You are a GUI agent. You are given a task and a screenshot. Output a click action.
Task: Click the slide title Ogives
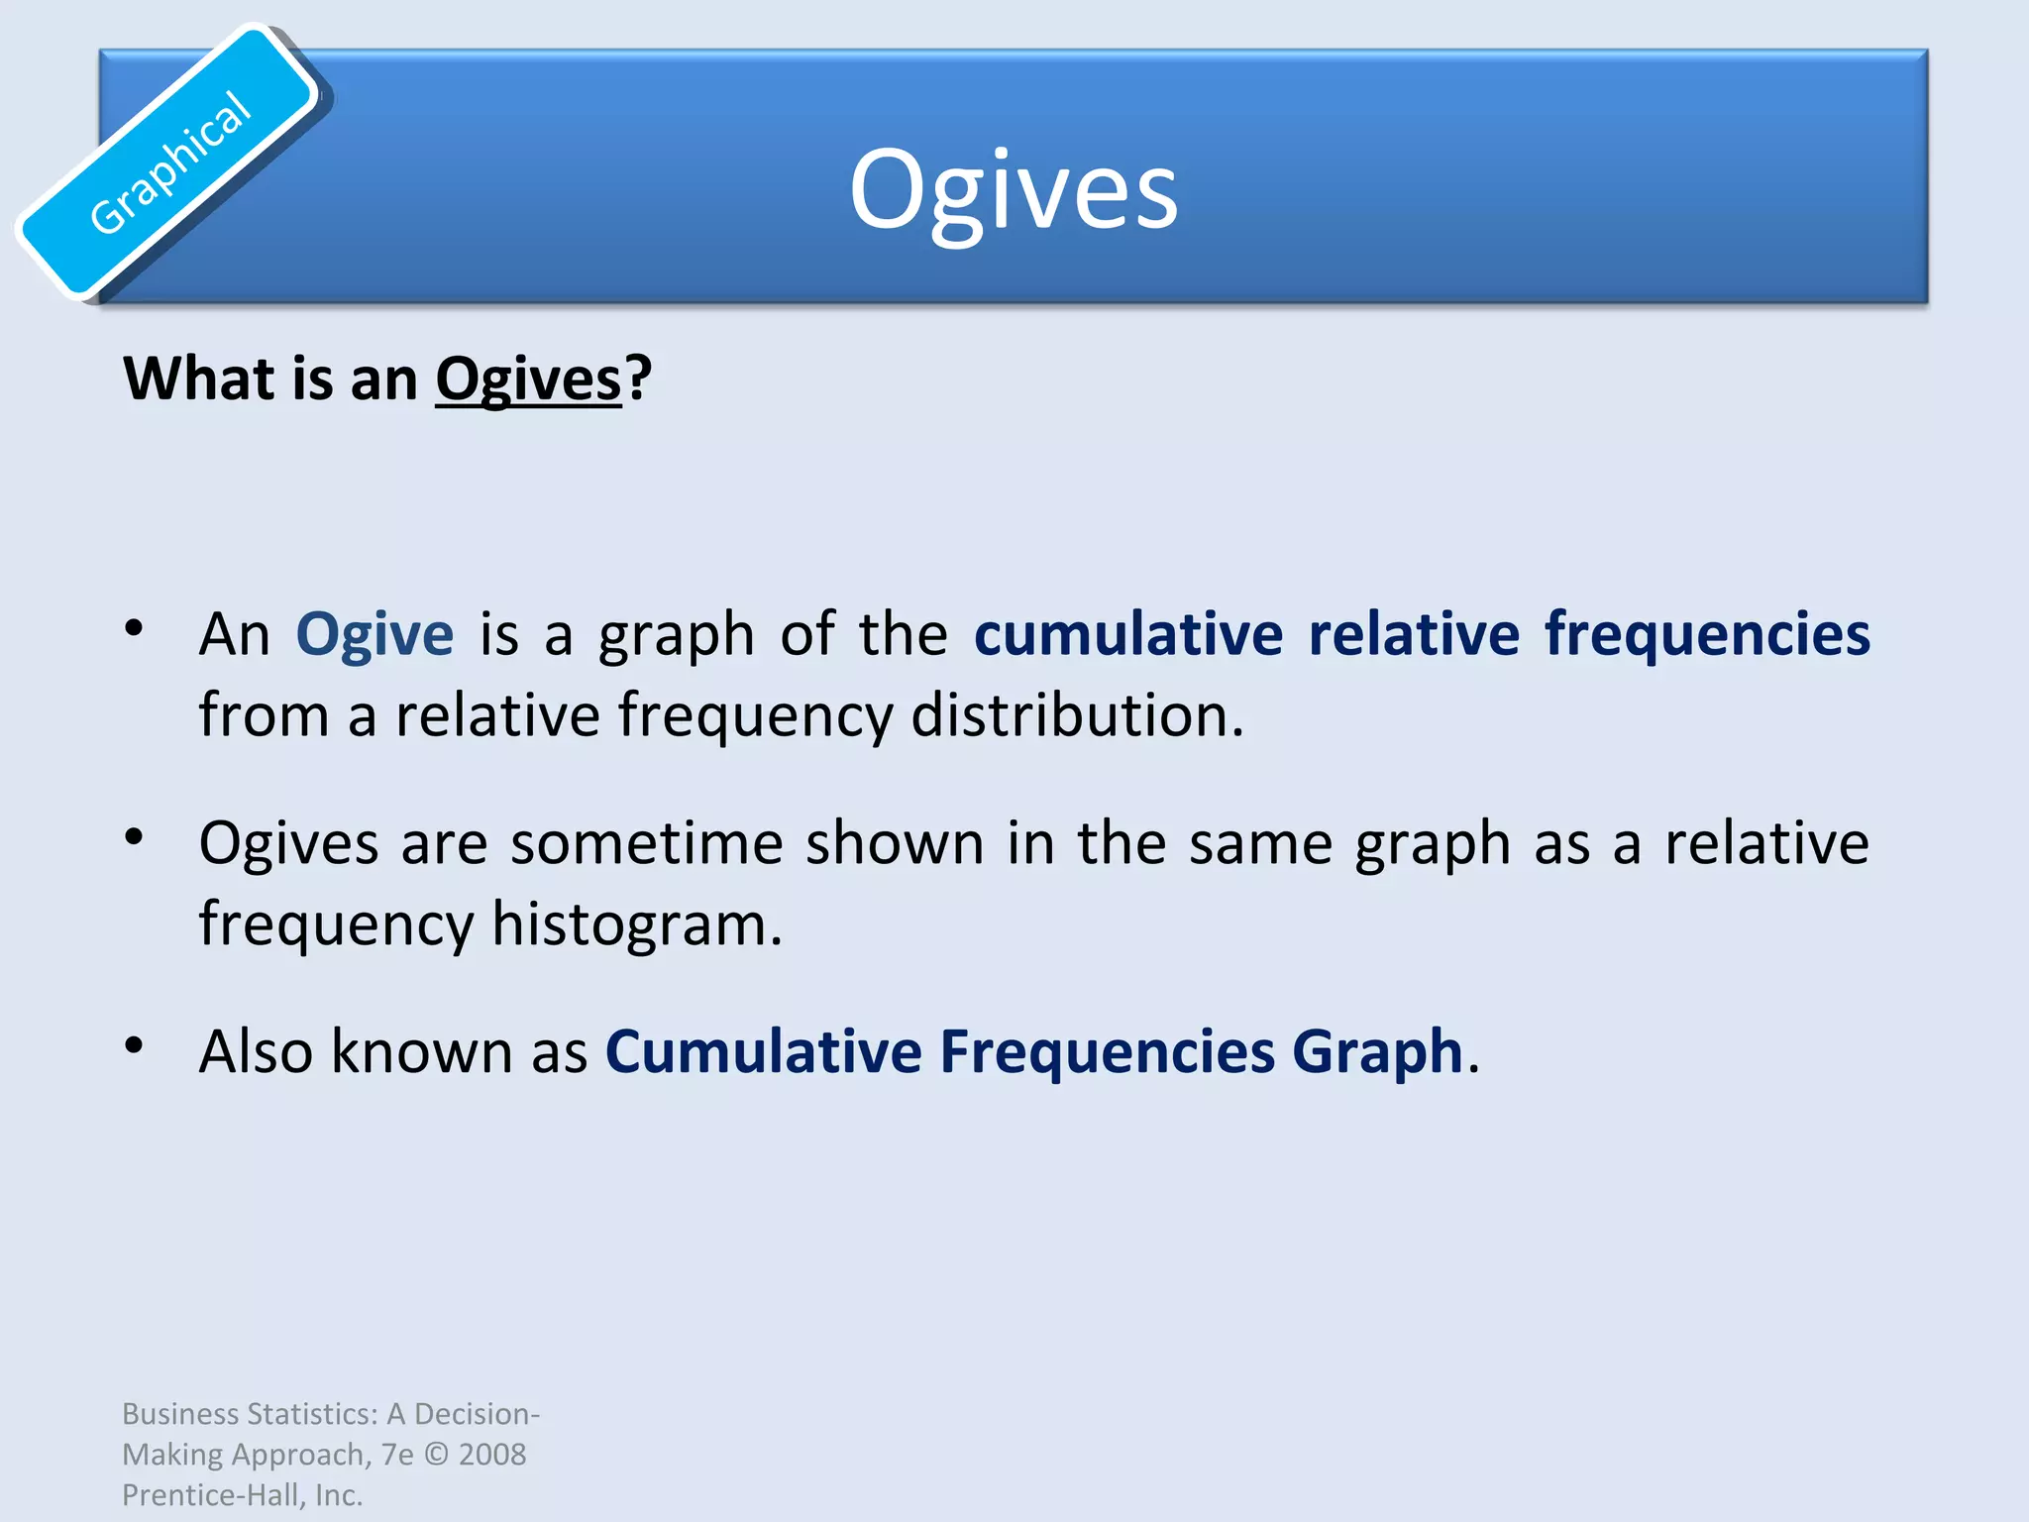[x=1014, y=190]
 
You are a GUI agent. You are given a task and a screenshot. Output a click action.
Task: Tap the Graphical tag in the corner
[x=169, y=163]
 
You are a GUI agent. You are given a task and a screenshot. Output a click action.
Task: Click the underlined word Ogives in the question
[x=528, y=380]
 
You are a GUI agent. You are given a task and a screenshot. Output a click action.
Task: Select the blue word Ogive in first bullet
[x=374, y=634]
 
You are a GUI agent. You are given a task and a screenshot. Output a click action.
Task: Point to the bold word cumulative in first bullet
[x=1128, y=634]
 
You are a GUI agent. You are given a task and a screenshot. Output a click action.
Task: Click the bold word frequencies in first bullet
[x=1707, y=634]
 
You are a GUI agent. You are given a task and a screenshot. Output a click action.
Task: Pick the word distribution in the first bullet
[x=1076, y=715]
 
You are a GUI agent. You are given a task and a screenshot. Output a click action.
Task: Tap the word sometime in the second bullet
[x=646, y=843]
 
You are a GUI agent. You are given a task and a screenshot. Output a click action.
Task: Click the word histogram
[x=636, y=924]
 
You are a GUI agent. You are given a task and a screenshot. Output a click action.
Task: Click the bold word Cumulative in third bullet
[x=764, y=1051]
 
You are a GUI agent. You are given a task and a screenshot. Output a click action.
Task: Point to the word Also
[x=256, y=1051]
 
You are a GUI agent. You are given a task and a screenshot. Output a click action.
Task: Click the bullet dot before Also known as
[x=135, y=1044]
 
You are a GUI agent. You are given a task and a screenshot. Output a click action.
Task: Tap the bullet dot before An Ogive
[x=135, y=627]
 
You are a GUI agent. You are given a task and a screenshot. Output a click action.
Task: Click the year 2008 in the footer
[x=492, y=1455]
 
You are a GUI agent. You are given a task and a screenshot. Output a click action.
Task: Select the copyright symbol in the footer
[x=436, y=1455]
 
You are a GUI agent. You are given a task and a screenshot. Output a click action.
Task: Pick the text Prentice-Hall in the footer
[x=212, y=1495]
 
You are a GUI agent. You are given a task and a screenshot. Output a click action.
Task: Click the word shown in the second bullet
[x=894, y=843]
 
